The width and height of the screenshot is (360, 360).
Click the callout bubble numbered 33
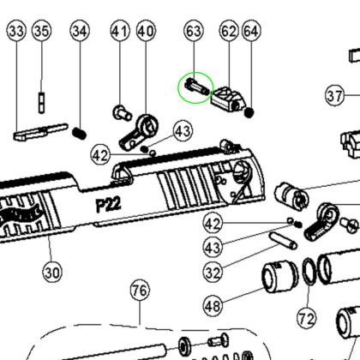pos(16,31)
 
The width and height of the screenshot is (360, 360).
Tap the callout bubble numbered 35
pos(41,31)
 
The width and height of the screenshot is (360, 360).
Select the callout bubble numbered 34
pos(80,31)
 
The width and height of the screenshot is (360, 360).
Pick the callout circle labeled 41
pos(120,31)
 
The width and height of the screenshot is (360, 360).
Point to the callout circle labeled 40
pos(146,31)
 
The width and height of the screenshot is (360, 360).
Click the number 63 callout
pos(194,31)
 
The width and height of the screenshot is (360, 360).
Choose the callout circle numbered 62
pos(229,31)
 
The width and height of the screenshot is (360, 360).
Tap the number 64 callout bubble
pos(251,31)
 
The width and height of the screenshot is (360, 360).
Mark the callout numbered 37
pos(335,96)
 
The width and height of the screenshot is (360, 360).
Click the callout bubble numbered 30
pos(52,273)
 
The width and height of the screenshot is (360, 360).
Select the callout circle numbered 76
pos(140,291)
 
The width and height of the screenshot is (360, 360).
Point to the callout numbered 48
pos(213,306)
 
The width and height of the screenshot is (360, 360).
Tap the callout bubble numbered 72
pos(307,318)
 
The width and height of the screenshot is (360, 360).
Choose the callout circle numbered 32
pos(213,273)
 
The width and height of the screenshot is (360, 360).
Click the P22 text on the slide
pos(108,205)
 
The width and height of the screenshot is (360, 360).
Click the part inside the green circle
pos(196,87)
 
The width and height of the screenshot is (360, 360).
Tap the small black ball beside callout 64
pos(249,112)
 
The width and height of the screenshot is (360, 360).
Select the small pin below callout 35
pos(42,102)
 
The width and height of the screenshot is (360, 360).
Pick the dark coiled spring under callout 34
pos(79,134)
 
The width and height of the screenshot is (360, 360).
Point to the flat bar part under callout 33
pos(41,131)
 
